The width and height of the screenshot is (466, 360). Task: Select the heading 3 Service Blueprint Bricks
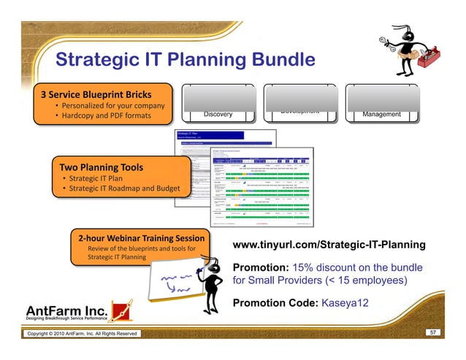tap(96, 94)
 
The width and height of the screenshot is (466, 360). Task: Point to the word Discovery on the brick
tap(218, 114)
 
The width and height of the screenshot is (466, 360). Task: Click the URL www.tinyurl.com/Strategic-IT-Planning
tap(328, 245)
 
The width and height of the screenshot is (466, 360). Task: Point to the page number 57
tap(432, 332)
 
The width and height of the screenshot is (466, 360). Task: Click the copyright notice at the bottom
tap(82, 334)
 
